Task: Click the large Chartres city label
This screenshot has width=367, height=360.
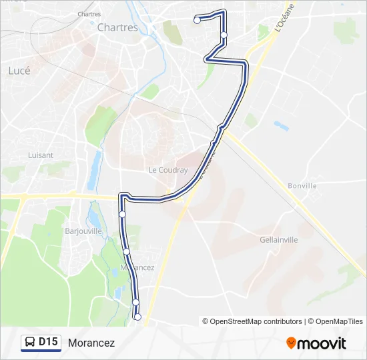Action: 117,28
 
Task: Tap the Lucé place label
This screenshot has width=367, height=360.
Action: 19,70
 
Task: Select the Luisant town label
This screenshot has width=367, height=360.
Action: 41,155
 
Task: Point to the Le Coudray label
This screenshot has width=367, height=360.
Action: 168,170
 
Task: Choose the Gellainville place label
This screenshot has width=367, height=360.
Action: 278,239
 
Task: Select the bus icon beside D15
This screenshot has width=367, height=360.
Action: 30,343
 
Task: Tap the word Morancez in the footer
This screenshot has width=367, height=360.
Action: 91,343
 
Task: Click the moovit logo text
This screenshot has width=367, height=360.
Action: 322,343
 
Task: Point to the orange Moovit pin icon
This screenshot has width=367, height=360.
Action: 291,343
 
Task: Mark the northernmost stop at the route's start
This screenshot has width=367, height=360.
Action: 197,21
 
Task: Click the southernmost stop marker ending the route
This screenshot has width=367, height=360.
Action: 138,317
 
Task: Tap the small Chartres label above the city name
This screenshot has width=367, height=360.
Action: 107,14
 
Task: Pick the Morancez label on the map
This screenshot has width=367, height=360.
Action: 136,267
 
